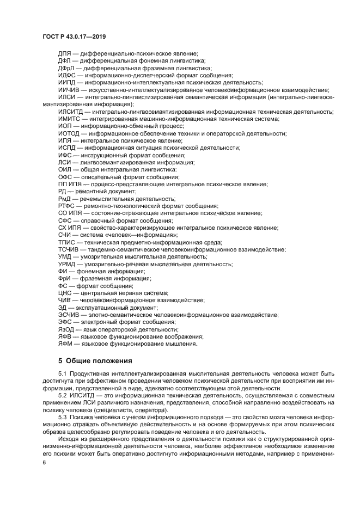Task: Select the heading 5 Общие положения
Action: click(95, 360)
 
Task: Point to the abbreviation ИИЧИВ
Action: click(69, 89)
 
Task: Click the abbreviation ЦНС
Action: click(65, 293)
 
